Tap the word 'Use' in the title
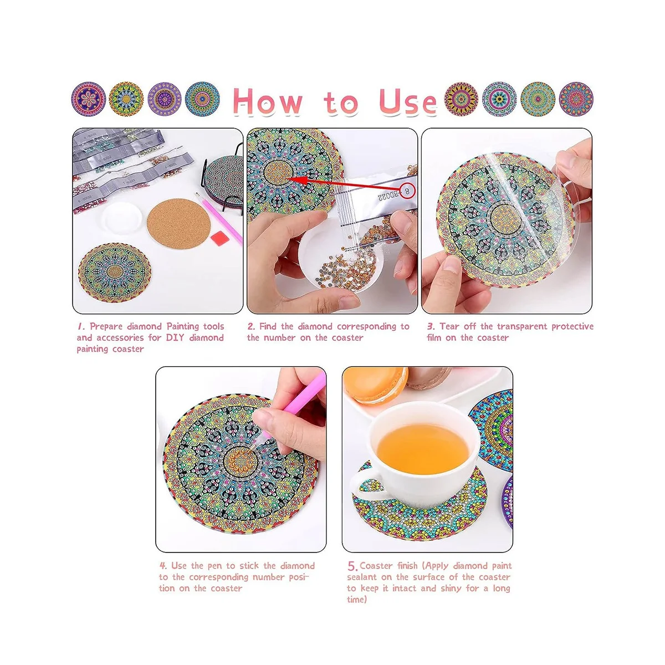[408, 101]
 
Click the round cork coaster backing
[178, 223]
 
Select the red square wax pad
[221, 239]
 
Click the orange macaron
[375, 385]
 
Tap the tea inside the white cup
[423, 449]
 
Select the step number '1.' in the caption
[81, 326]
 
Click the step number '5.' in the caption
[352, 566]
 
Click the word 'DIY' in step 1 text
[175, 337]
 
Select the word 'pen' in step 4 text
[215, 566]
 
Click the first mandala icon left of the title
[88, 99]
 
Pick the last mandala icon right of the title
[576, 99]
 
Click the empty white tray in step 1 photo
[122, 217]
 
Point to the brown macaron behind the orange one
[429, 377]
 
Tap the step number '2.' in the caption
[251, 326]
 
